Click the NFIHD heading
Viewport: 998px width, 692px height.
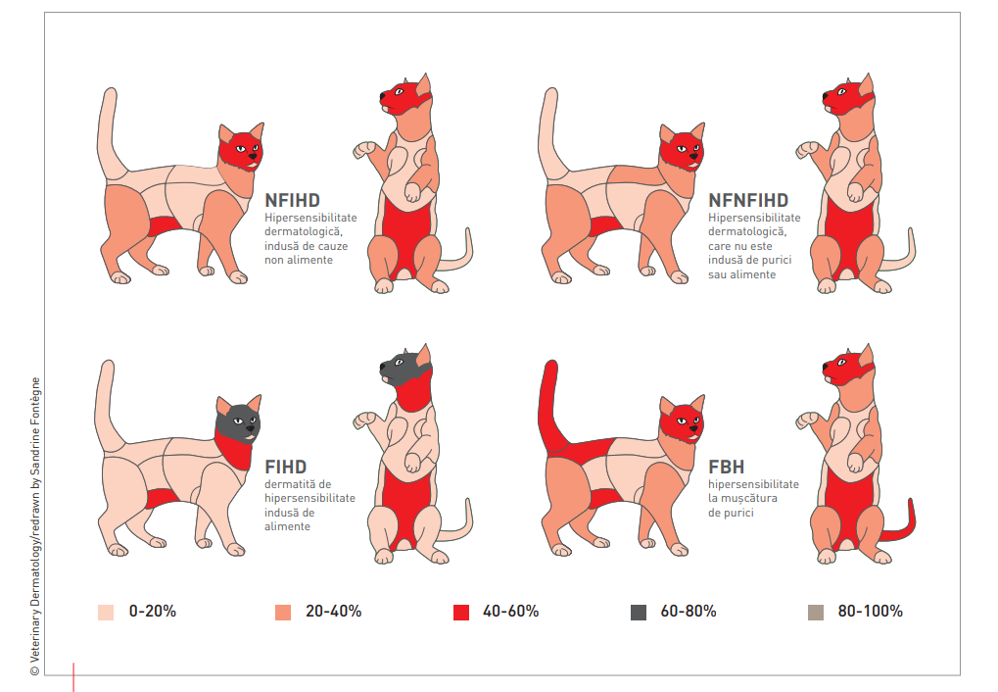[x=292, y=201]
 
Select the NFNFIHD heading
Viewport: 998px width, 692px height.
[x=748, y=201]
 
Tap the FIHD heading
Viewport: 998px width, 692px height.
[x=286, y=466]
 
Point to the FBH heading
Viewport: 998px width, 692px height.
[x=726, y=467]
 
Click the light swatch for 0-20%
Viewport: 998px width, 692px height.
[x=106, y=612]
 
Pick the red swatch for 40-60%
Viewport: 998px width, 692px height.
[x=461, y=612]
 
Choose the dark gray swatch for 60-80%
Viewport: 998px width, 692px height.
[x=639, y=612]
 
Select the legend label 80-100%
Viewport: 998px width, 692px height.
[x=870, y=611]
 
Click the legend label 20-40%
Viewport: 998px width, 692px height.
[x=333, y=611]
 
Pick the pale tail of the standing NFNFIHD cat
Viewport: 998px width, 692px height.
[x=550, y=127]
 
